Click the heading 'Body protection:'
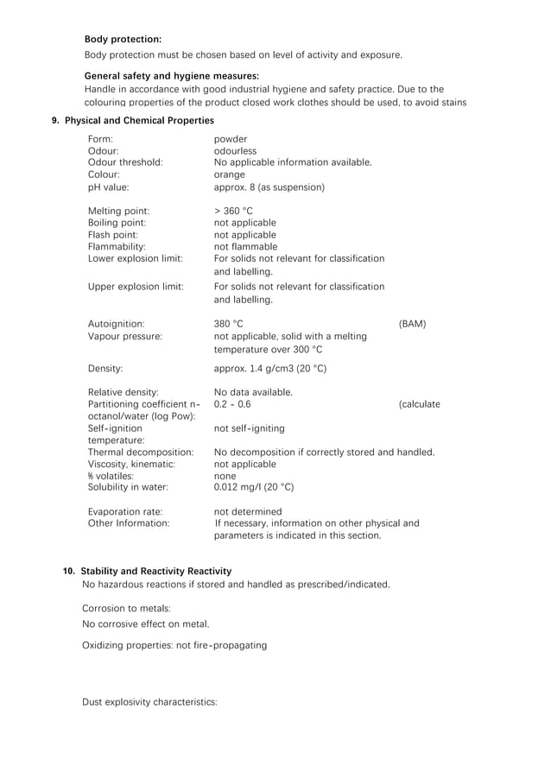coord(123,39)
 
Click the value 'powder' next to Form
coord(230,138)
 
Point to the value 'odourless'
coord(235,150)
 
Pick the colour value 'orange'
coord(230,174)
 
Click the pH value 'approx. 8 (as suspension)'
coord(269,187)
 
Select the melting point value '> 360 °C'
coord(233,211)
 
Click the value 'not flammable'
coord(245,247)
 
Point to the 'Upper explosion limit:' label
coord(136,287)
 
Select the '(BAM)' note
coord(412,325)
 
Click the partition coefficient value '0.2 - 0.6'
coord(232,404)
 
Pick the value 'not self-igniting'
coord(249,428)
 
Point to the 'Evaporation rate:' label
coord(124,511)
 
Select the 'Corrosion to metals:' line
coord(126,608)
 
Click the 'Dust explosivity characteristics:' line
coord(149,702)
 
